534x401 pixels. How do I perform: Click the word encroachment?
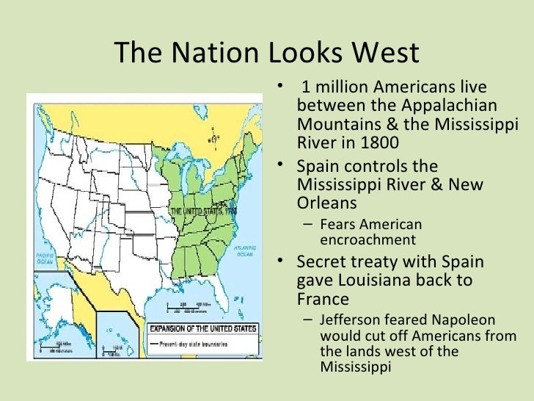coord(367,239)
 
